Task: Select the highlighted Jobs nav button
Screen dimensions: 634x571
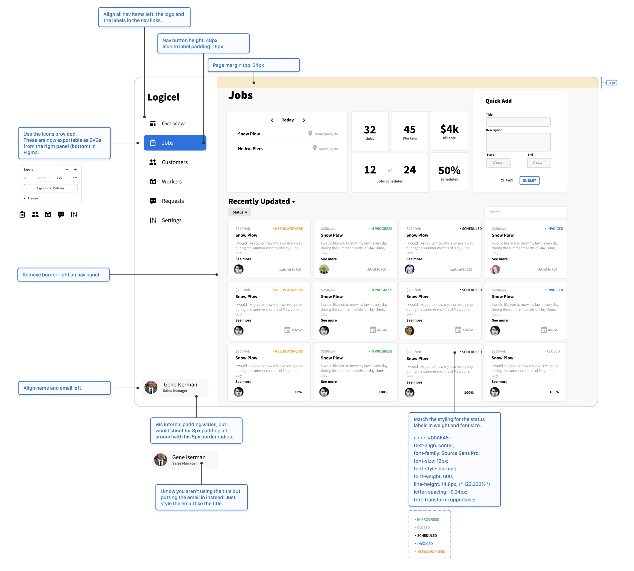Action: [175, 143]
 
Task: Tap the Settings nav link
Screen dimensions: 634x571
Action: [165, 220]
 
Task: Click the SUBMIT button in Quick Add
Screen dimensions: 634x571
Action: [529, 181]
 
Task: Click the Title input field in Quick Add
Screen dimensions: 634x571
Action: [518, 122]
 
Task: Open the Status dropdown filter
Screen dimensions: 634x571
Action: [239, 212]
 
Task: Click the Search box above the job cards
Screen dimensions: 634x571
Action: [525, 212]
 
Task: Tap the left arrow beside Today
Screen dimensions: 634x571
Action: [272, 120]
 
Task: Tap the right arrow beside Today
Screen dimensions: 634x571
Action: [304, 120]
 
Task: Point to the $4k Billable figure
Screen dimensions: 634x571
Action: [449, 131]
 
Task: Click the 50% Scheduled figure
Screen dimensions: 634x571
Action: [449, 173]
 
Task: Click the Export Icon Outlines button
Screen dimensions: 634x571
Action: [50, 188]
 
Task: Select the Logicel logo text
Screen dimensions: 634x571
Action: [163, 97]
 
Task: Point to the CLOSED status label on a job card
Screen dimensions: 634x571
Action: [552, 351]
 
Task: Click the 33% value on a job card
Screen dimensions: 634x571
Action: [298, 392]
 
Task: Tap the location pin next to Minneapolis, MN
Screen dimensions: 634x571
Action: [310, 134]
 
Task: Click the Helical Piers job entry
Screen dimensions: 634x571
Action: [250, 149]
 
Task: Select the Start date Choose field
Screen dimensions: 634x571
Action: [498, 163]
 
